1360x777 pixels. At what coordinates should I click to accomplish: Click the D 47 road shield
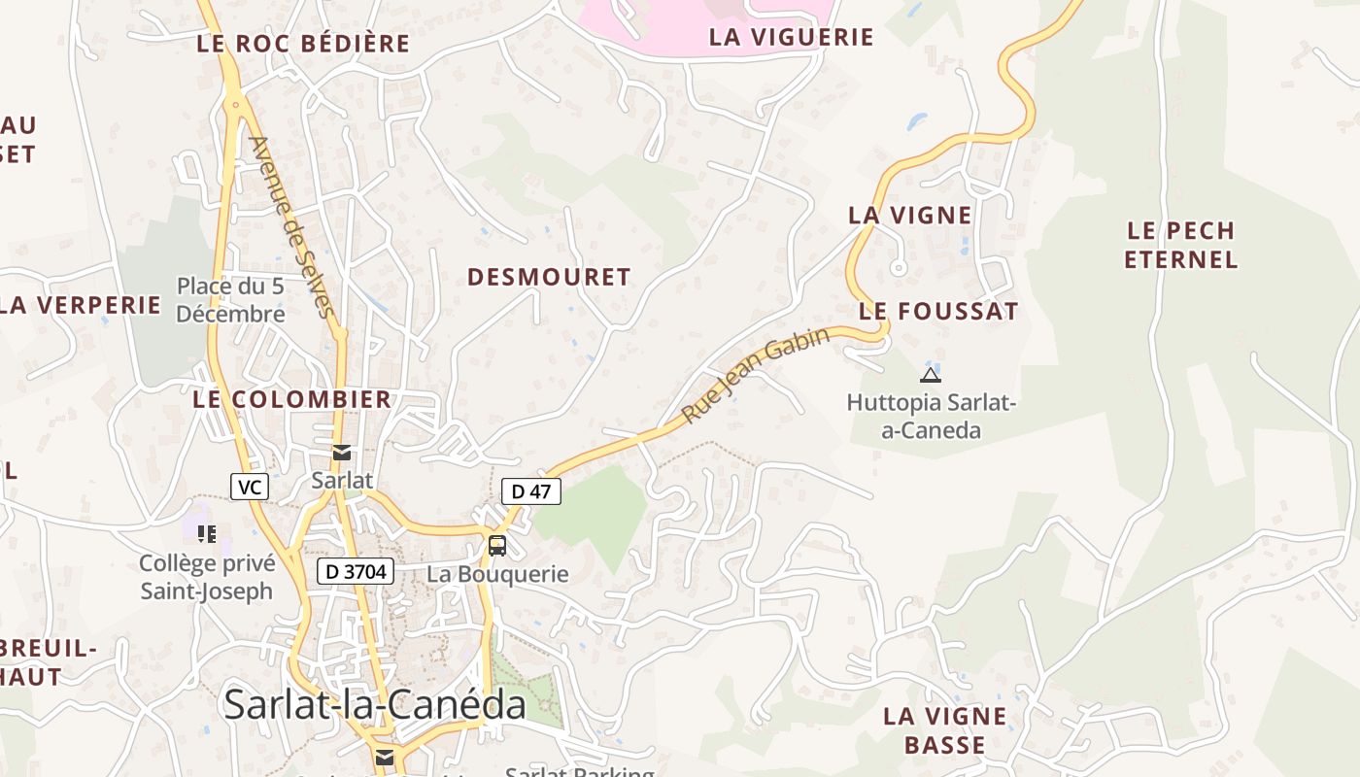(x=531, y=491)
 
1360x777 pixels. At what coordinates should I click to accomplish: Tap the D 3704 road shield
(x=355, y=572)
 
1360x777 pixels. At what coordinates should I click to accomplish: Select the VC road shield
(x=250, y=487)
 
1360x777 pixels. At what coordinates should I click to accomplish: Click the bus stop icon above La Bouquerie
(x=496, y=546)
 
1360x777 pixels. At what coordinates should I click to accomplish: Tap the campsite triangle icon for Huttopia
(x=930, y=375)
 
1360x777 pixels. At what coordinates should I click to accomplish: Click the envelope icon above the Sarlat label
(x=342, y=453)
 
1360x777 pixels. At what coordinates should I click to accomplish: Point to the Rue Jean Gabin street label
(x=756, y=375)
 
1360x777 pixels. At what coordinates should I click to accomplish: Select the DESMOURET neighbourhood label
(x=549, y=278)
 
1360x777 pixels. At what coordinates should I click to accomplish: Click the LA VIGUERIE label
(x=792, y=38)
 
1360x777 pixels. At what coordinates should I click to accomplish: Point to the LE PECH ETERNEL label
(x=1180, y=245)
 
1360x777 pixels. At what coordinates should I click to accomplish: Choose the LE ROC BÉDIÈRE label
(x=303, y=44)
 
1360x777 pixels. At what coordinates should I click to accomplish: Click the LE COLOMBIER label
(x=291, y=399)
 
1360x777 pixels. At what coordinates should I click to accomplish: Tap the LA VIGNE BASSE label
(x=944, y=730)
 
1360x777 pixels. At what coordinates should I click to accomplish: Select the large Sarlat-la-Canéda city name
(x=375, y=704)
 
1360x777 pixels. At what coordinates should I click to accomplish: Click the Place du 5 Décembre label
(x=230, y=300)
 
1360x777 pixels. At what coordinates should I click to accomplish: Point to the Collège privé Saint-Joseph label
(x=207, y=577)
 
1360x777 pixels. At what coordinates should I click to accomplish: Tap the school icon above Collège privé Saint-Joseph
(x=207, y=533)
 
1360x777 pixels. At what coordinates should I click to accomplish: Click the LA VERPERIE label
(x=80, y=305)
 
